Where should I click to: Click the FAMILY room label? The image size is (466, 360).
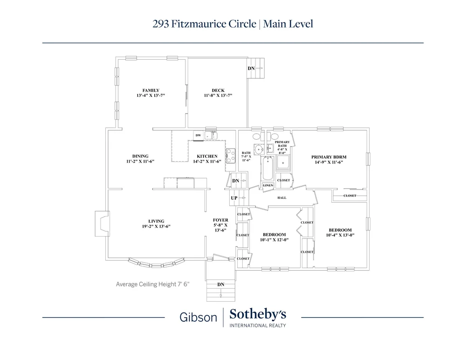(151, 90)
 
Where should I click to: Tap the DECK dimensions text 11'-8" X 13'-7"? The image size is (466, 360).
(218, 95)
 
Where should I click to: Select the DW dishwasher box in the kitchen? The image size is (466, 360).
(198, 136)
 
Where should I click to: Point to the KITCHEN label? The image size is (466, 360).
(207, 156)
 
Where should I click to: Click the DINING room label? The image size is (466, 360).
(140, 156)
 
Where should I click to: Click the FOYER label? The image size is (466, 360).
(220, 219)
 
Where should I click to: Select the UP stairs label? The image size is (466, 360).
(234, 198)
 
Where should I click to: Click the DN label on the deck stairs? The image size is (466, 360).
(251, 68)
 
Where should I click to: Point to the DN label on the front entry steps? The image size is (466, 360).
(220, 284)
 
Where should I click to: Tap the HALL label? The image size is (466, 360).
(282, 198)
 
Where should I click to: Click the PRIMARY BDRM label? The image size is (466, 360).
(329, 157)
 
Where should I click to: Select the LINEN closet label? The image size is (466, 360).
(268, 186)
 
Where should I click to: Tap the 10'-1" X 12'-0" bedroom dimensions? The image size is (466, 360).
(274, 240)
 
